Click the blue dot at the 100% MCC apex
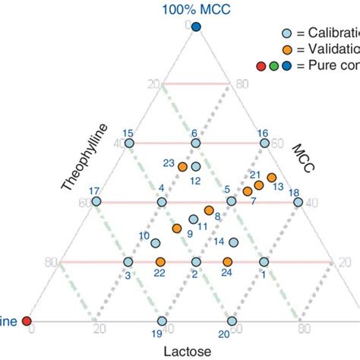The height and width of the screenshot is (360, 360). click(x=196, y=27)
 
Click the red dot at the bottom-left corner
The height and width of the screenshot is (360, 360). click(x=27, y=321)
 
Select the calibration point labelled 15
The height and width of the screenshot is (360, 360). click(x=129, y=143)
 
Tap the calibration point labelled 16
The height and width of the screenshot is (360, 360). click(x=264, y=143)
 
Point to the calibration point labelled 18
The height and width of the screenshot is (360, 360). click(x=298, y=202)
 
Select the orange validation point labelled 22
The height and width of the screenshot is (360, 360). click(x=160, y=262)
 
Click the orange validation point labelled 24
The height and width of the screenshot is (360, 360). click(x=227, y=262)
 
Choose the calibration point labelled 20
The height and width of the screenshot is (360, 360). click(x=230, y=321)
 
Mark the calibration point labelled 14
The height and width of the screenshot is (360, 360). click(x=234, y=243)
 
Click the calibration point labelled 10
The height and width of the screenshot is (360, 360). click(x=156, y=244)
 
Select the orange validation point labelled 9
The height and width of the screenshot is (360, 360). click(x=177, y=228)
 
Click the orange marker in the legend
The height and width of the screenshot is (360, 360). click(x=286, y=49)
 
